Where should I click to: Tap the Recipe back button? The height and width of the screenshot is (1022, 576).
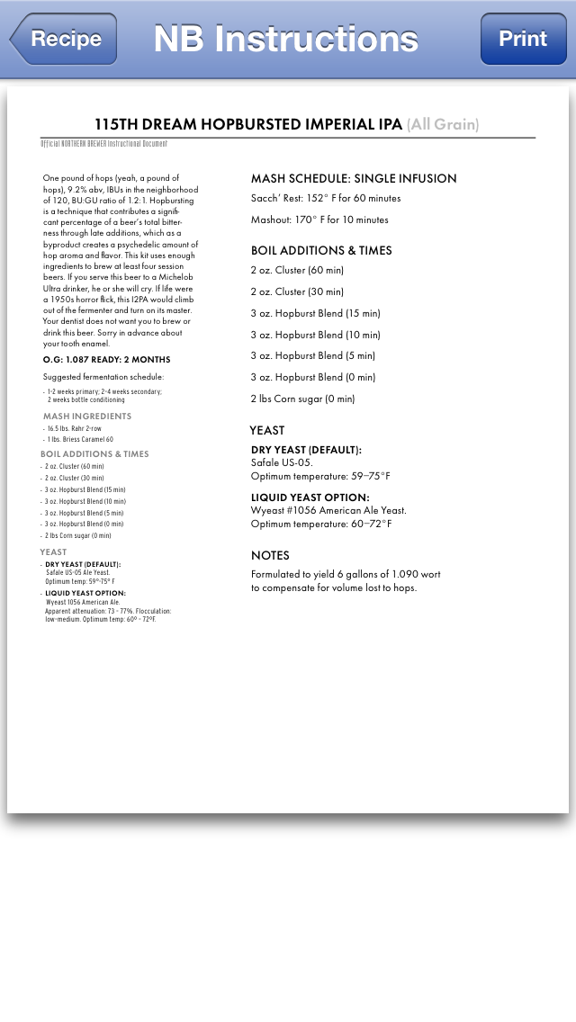[65, 39]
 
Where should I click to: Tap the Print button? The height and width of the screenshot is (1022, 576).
[523, 39]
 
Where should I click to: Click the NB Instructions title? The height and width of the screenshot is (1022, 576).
[285, 39]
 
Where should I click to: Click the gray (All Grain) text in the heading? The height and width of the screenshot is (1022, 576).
[443, 124]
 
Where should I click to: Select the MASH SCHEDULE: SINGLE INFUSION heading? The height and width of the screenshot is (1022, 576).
[354, 178]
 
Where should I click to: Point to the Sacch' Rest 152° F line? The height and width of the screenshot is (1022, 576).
[326, 198]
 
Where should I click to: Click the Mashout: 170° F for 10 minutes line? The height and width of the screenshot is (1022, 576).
[319, 220]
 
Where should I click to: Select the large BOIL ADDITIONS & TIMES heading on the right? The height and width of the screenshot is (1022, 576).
[321, 250]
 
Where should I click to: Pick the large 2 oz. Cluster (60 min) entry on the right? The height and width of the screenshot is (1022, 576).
[297, 270]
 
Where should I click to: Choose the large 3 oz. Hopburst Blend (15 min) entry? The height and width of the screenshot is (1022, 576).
[315, 313]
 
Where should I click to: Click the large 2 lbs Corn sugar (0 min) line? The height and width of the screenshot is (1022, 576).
[302, 399]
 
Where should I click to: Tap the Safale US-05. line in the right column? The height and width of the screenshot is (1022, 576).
[282, 462]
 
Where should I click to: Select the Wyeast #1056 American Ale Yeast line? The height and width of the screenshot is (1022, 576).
[328, 510]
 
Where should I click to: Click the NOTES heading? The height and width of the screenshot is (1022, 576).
[270, 555]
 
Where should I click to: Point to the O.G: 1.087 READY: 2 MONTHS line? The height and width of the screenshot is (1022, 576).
[106, 360]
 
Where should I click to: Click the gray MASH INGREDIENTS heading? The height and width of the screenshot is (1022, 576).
[87, 417]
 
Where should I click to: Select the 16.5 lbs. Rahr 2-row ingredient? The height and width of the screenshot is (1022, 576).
[75, 429]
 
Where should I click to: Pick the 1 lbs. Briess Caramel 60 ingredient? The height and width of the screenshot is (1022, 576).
[80, 440]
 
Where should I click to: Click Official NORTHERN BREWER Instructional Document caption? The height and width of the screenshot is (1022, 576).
[103, 144]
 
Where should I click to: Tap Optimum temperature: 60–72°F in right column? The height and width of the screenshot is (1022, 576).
[321, 524]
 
